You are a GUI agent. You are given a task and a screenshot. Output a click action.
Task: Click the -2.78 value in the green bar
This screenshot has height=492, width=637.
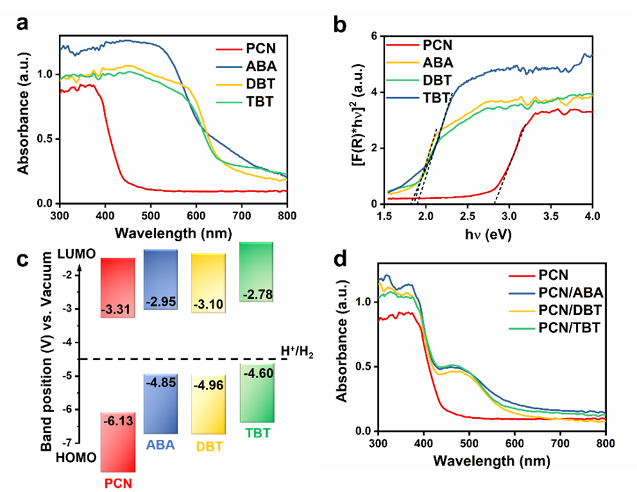click(256, 292)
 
